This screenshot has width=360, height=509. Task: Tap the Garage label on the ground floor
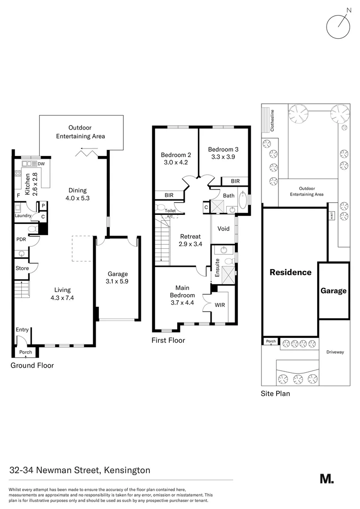117,274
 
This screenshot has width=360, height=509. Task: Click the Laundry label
23,216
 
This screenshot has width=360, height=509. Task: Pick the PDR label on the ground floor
21,239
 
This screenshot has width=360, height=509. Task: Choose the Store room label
23,268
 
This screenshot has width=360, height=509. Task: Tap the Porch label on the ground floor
25,352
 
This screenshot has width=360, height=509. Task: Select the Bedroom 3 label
223,149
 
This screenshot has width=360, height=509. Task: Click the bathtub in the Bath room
243,200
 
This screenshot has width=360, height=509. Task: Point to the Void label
223,229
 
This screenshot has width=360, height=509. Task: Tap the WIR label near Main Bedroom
220,305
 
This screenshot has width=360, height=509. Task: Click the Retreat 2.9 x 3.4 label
190,240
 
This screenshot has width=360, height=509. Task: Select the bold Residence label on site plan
290,272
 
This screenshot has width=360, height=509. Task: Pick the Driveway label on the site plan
335,352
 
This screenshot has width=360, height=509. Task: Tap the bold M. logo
327,478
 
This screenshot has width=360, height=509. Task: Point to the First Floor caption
168,340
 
